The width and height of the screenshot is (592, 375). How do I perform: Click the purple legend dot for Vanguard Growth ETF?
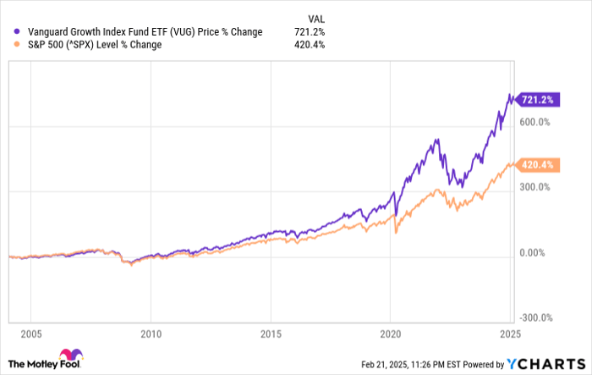[9, 32]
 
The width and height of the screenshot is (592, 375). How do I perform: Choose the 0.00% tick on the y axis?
[536, 253]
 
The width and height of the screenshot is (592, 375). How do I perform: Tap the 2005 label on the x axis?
[31, 332]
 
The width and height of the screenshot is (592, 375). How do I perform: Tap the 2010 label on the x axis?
[151, 332]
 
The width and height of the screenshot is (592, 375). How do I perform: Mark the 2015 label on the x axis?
[270, 332]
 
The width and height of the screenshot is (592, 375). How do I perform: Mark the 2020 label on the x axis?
[389, 332]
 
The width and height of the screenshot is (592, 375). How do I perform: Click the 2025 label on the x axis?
[507, 332]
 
